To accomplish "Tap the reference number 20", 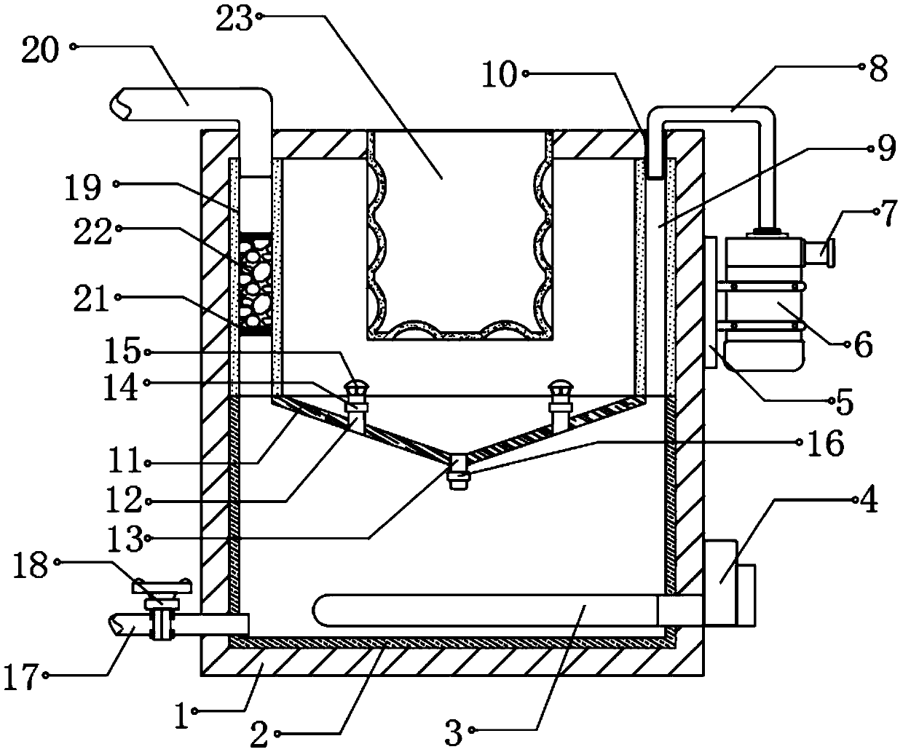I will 42,54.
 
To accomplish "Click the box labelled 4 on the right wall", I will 728,581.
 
